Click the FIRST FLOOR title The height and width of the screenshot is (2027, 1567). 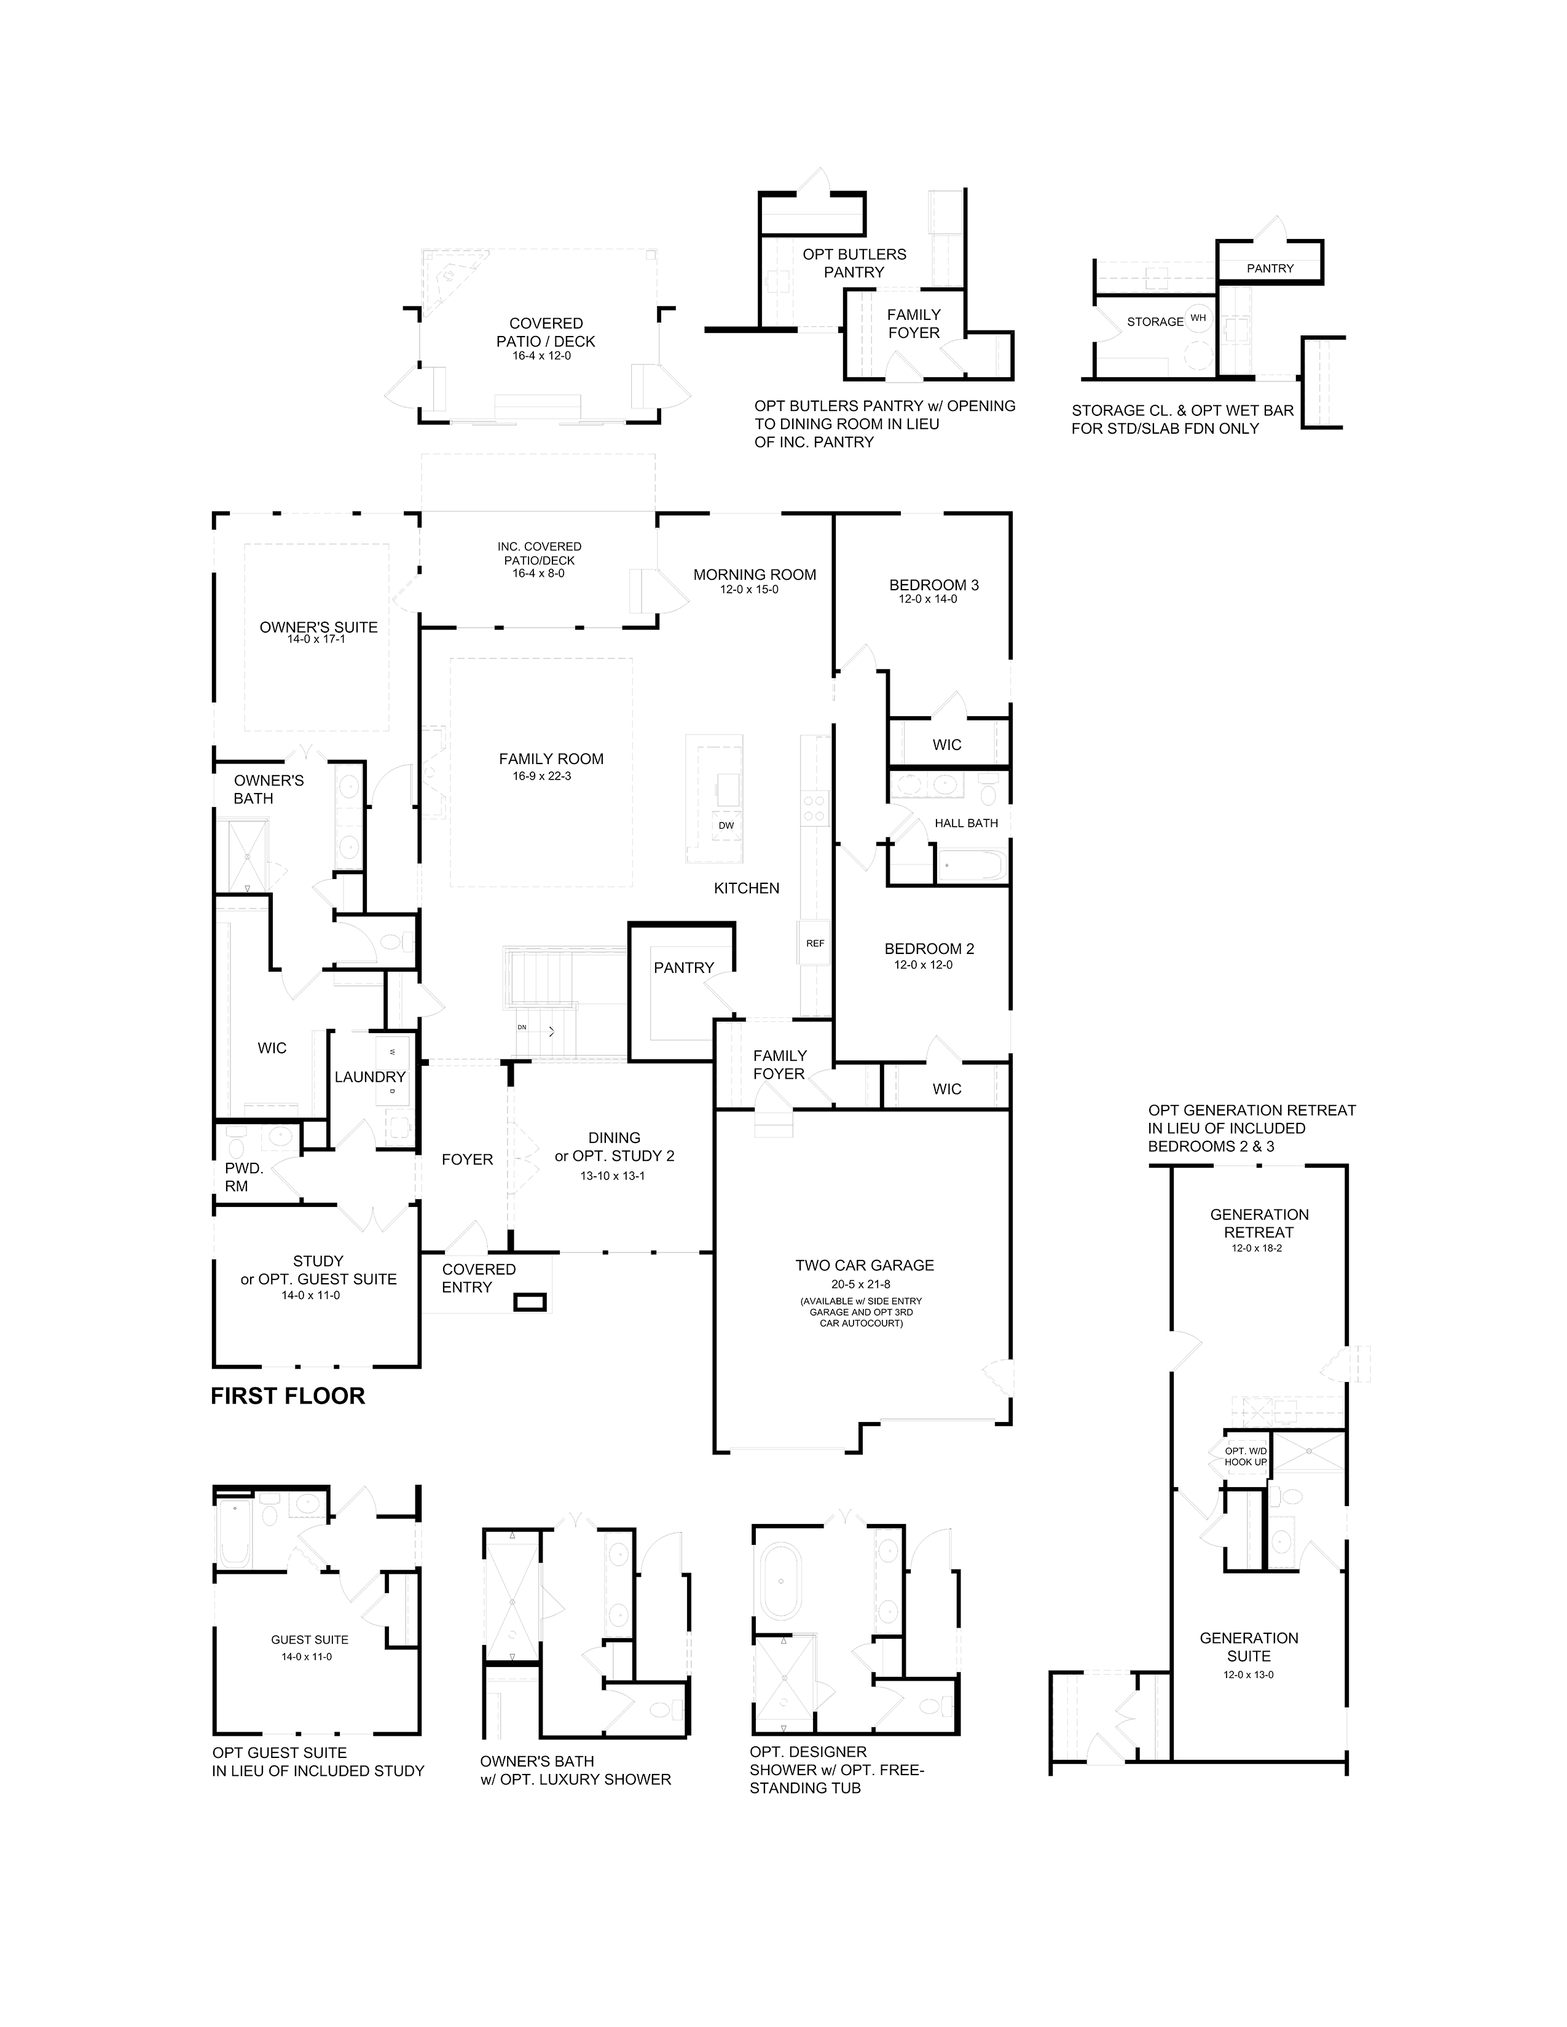tap(288, 1397)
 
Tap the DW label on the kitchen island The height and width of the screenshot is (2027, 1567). tap(726, 825)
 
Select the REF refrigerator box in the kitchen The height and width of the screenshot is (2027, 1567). tap(815, 943)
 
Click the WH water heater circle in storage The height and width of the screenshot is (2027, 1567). tap(1198, 318)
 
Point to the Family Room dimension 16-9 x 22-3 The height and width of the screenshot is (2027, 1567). tap(542, 776)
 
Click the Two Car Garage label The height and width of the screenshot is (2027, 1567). tap(864, 1265)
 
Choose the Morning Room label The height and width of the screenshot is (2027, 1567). tap(755, 574)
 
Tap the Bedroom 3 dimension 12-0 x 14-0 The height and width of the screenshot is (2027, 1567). tap(927, 600)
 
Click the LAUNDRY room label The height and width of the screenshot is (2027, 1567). tap(369, 1077)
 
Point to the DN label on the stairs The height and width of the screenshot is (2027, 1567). tap(522, 1028)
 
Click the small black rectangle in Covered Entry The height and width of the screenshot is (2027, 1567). tap(531, 1302)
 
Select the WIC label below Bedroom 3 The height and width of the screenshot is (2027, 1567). tap(947, 744)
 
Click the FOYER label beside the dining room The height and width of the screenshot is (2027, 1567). tap(467, 1159)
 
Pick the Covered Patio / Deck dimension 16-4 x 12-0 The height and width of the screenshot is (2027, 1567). tap(541, 356)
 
